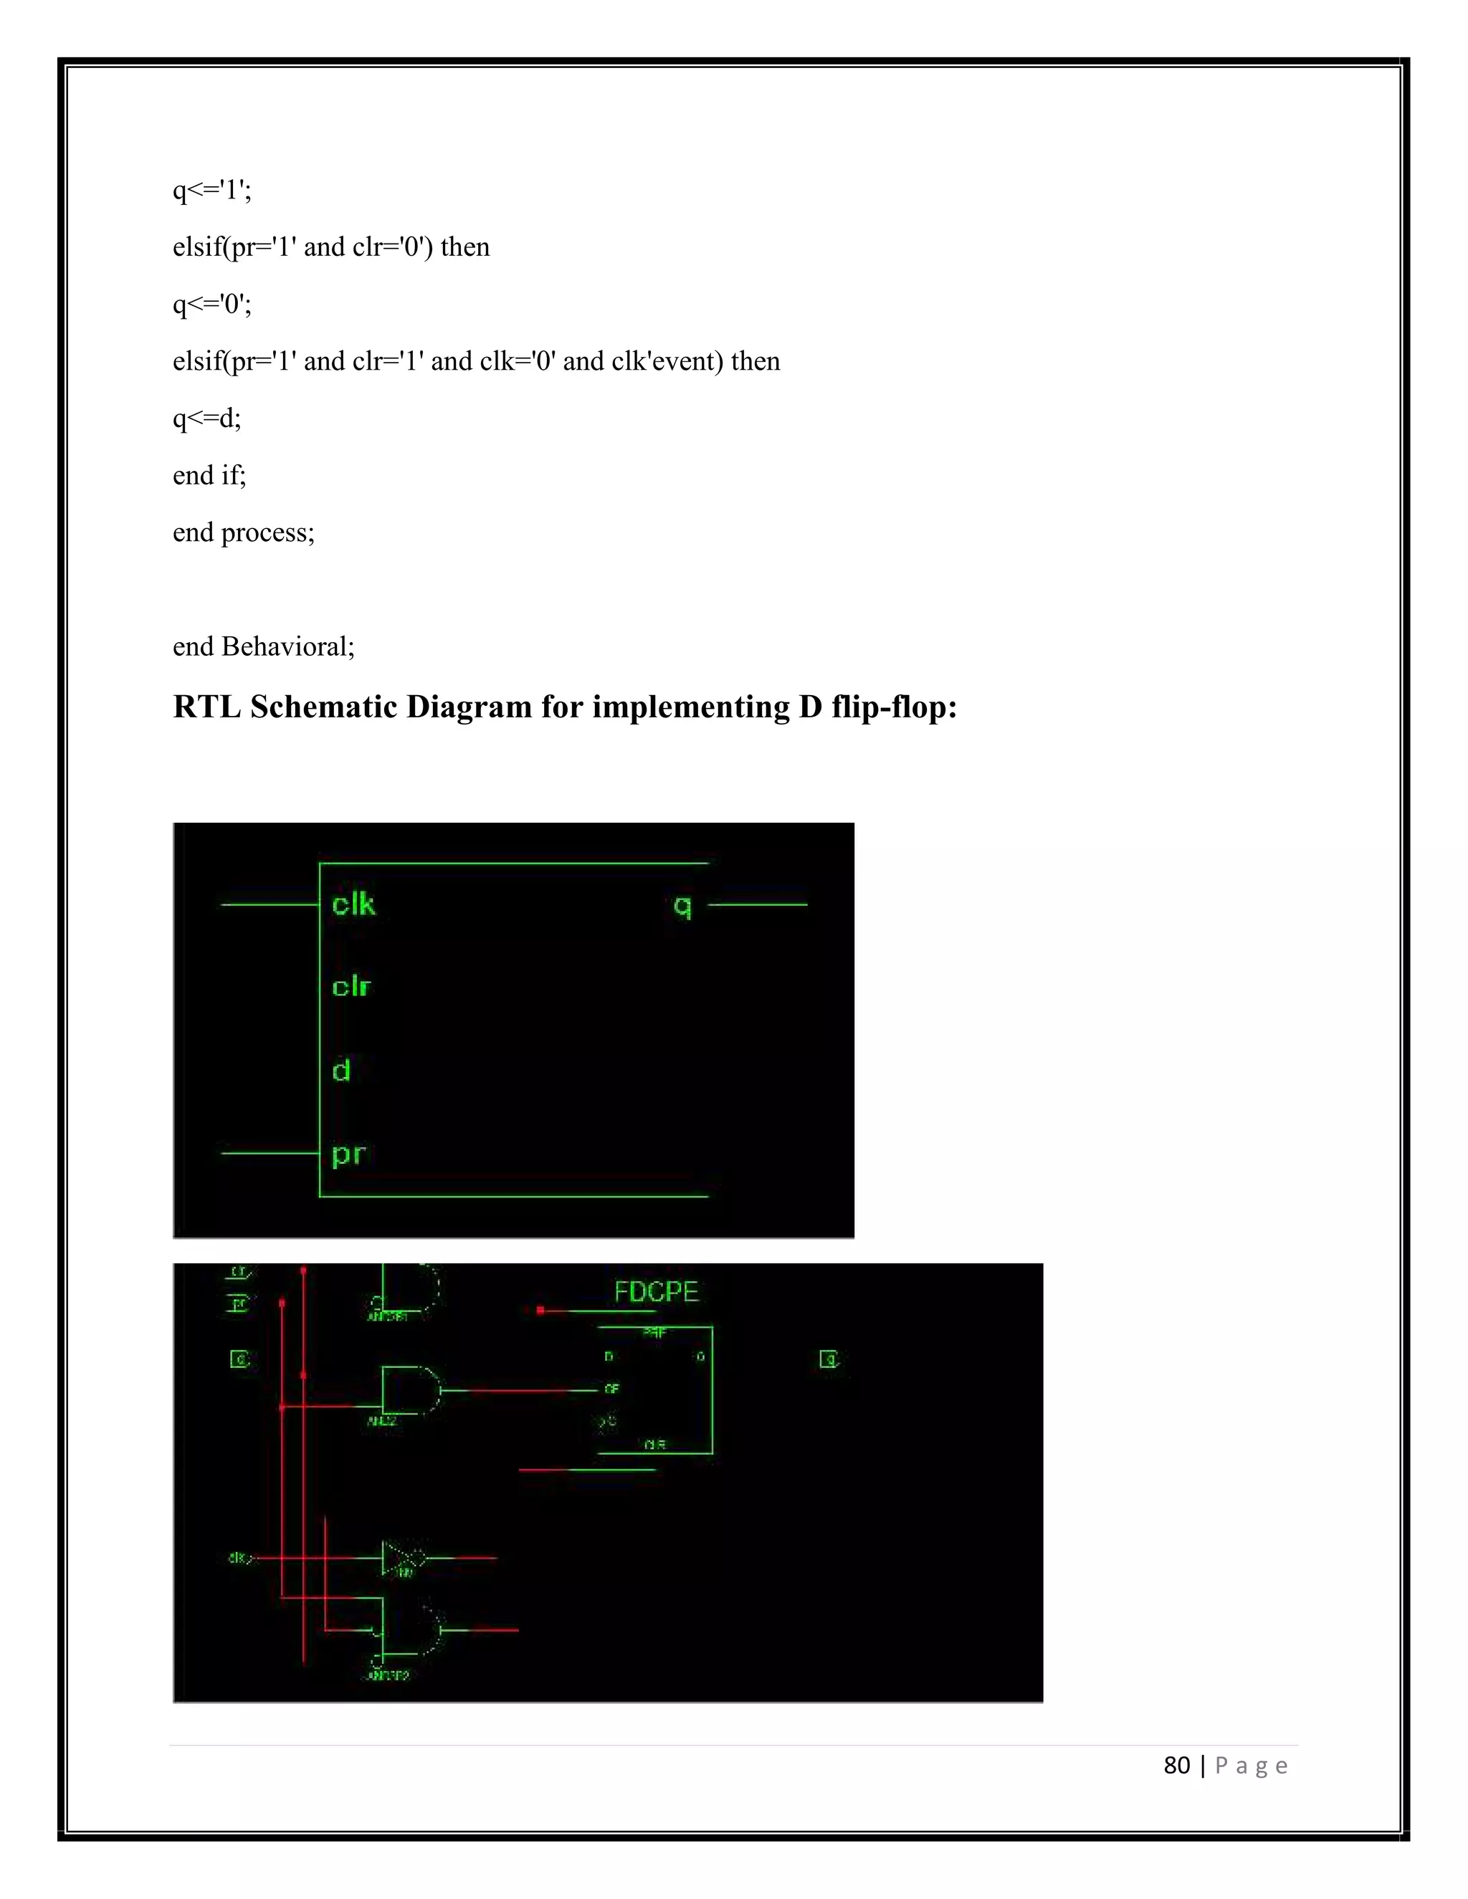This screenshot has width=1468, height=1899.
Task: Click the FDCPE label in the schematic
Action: point(656,1292)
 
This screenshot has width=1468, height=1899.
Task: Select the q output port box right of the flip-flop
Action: point(829,1359)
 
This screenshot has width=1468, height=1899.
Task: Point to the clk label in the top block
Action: point(353,904)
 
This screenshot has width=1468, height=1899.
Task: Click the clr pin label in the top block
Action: point(351,987)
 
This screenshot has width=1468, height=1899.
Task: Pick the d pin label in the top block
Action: point(341,1071)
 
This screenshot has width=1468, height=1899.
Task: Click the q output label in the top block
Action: point(682,906)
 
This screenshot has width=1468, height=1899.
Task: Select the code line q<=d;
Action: point(207,418)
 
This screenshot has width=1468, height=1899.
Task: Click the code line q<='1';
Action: point(212,190)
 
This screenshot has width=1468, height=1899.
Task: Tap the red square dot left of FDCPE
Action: point(540,1309)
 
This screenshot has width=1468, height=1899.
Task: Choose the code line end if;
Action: point(209,476)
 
